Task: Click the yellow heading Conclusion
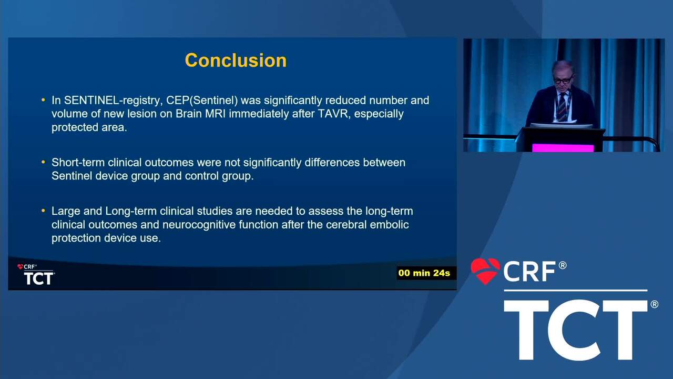236,60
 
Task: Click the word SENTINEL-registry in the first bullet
113,101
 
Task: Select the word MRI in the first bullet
216,114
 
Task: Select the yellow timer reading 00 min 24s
424,273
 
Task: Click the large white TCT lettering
576,330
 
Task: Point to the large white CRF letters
529,271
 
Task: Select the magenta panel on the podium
563,148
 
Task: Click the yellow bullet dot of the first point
43,100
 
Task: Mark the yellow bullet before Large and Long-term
43,211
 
